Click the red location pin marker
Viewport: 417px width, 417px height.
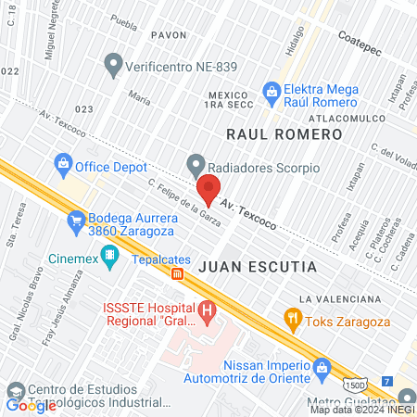click(208, 190)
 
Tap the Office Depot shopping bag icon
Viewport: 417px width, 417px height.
click(63, 167)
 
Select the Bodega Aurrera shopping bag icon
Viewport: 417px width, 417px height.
click(77, 221)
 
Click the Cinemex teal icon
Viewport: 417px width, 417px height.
click(110, 254)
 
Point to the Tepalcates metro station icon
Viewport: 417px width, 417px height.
click(176, 272)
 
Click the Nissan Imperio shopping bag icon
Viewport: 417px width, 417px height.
click(322, 369)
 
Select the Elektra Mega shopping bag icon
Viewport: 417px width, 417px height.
click(272, 91)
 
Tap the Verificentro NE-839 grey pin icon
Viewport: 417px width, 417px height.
click(113, 65)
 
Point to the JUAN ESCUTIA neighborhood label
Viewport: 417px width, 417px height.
click(257, 267)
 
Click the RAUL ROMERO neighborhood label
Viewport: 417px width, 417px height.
click(284, 134)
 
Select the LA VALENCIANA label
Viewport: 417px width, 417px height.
click(340, 299)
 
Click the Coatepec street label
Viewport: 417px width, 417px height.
click(360, 39)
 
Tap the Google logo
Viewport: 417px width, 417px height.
click(32, 405)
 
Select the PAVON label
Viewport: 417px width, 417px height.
click(168, 35)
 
